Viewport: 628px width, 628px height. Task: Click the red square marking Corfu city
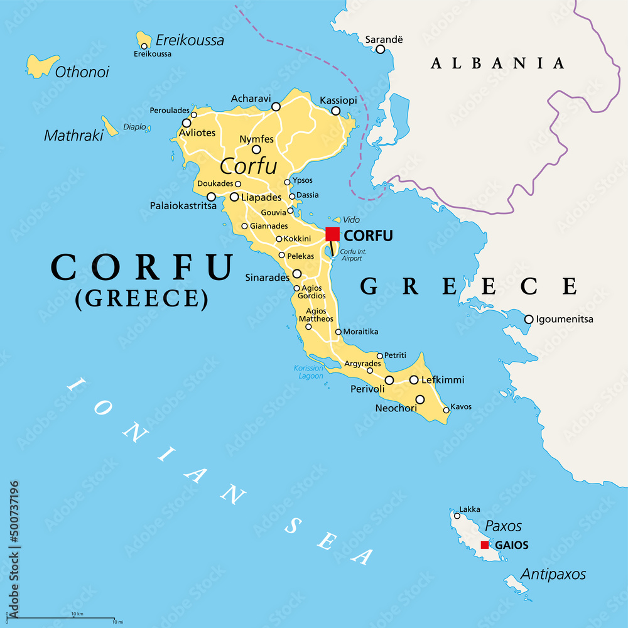[x=332, y=234]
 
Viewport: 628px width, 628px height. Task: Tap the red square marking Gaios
[x=485, y=544]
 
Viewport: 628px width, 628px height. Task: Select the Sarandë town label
[x=384, y=40]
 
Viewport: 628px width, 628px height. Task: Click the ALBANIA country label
[x=497, y=63]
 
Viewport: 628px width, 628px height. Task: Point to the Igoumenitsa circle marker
[x=529, y=319]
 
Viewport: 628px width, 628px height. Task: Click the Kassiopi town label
[x=338, y=100]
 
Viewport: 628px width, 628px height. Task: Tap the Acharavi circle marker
[x=276, y=107]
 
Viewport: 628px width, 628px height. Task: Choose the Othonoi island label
[x=82, y=72]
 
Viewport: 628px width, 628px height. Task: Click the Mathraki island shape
[x=110, y=127]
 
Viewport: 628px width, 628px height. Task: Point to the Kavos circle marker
[x=447, y=410]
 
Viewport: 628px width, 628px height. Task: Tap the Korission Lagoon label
[x=308, y=372]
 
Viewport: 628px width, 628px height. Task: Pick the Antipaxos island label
[x=553, y=574]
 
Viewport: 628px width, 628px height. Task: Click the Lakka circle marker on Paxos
[x=457, y=516]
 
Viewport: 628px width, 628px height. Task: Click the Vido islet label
[x=351, y=220]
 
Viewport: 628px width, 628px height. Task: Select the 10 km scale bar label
[x=77, y=614]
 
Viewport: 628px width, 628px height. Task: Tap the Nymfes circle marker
[x=256, y=149]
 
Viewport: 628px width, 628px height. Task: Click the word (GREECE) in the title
[x=141, y=298]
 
